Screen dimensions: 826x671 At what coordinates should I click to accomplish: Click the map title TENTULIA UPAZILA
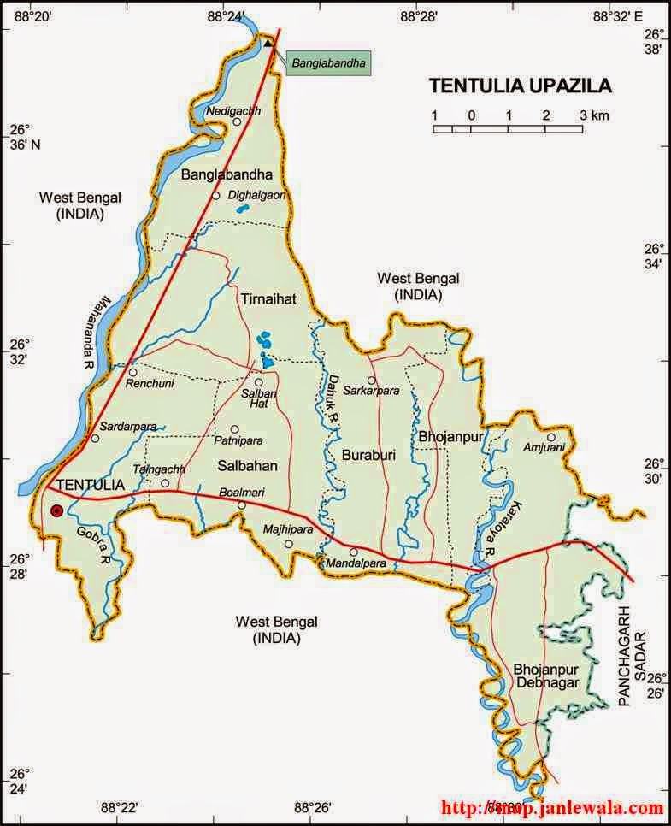click(x=520, y=86)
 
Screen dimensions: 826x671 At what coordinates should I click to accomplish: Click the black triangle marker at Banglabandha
click(x=268, y=43)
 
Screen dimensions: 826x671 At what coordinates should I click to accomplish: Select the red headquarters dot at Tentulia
click(x=56, y=510)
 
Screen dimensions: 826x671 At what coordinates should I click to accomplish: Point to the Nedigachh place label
click(x=233, y=111)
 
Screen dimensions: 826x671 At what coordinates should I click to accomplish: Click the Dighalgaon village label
click(x=256, y=195)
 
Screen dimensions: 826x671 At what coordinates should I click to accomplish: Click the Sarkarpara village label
click(x=371, y=390)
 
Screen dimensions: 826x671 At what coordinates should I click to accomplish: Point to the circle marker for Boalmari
click(x=242, y=505)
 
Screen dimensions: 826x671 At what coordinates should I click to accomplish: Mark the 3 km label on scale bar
click(x=594, y=115)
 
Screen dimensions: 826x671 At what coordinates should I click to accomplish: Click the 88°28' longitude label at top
click(x=420, y=15)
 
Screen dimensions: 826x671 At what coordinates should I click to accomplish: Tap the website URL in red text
click(x=552, y=807)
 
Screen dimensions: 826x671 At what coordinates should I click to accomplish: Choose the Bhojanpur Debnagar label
click(x=546, y=675)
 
